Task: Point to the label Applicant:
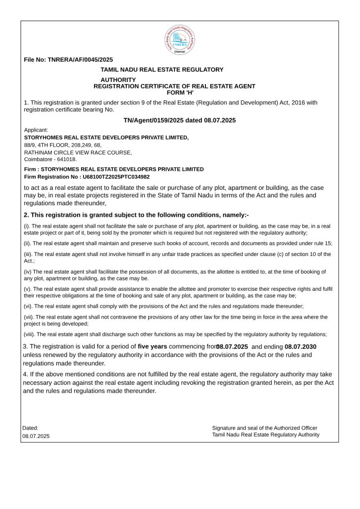[36, 130]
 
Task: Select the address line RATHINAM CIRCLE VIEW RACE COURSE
[78, 152]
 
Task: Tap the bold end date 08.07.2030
[301, 346]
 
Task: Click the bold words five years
[153, 346]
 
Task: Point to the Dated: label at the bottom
[30, 428]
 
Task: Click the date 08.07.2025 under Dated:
[36, 436]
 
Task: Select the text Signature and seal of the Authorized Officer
[265, 428]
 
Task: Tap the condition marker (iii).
[28, 254]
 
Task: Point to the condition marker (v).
[28, 289]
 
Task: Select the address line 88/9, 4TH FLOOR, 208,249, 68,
[63, 145]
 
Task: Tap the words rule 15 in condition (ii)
[321, 244]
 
